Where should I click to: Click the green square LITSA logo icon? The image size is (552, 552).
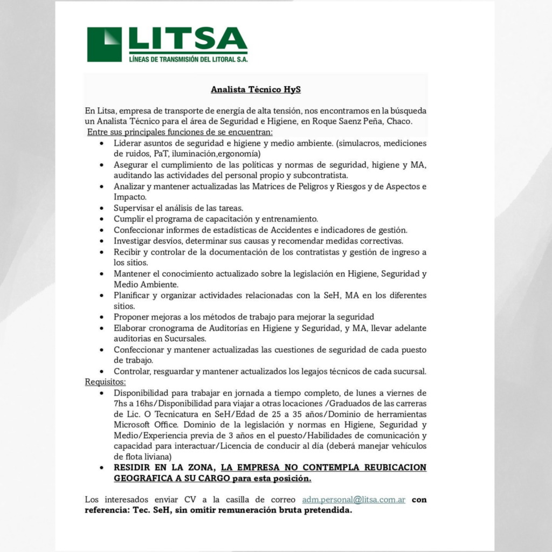click(105, 44)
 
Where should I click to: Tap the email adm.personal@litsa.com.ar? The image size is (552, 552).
click(354, 500)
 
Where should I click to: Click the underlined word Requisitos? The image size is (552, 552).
click(105, 382)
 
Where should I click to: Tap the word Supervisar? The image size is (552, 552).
click(134, 208)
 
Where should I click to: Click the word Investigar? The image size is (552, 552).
click(134, 240)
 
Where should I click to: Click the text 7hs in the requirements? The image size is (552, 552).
click(121, 404)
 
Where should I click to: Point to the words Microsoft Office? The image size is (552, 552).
click(137, 425)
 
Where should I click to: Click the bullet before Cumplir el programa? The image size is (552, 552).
click(102, 219)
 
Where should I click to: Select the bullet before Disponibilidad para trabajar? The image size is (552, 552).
click(102, 393)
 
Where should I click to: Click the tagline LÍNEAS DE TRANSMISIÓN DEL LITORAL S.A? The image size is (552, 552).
click(189, 59)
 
